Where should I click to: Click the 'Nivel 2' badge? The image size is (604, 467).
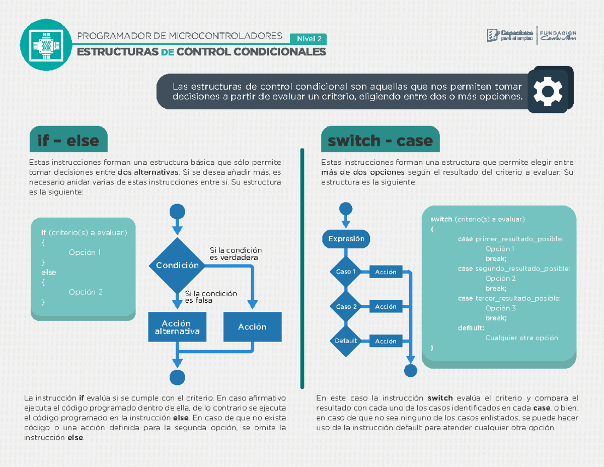click(309, 39)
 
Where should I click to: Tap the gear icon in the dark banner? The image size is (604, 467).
click(548, 91)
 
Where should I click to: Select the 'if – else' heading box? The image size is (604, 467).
click(68, 140)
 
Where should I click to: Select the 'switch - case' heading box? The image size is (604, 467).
click(380, 141)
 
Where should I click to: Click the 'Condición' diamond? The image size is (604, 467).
click(177, 265)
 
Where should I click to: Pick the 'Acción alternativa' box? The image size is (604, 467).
click(177, 327)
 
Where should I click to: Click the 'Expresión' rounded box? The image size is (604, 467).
click(346, 239)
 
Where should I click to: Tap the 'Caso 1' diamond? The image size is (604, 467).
click(346, 272)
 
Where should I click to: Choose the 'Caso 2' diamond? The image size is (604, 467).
click(346, 306)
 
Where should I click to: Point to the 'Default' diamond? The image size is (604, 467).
click(346, 341)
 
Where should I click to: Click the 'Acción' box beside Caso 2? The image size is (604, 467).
click(386, 306)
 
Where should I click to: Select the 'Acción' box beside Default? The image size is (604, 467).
click(386, 341)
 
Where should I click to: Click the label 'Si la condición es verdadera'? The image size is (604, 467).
click(236, 254)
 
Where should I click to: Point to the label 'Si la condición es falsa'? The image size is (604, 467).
click(210, 297)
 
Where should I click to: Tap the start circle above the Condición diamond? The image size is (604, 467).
click(177, 211)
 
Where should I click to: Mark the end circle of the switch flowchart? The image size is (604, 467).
click(411, 371)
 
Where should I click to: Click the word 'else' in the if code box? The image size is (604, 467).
click(49, 272)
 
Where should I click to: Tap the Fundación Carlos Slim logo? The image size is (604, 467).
click(558, 35)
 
